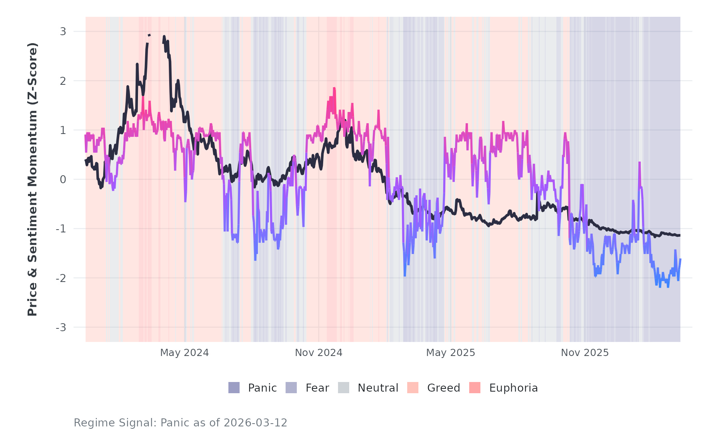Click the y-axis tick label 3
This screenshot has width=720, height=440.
click(63, 32)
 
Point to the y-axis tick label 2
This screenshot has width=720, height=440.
click(63, 81)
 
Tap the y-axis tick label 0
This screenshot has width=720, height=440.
click(63, 180)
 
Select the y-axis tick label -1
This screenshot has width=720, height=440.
click(61, 229)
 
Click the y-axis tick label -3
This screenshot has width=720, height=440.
click(61, 328)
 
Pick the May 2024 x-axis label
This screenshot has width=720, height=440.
click(184, 353)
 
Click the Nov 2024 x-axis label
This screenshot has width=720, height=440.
click(318, 353)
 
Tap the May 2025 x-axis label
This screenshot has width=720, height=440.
click(450, 353)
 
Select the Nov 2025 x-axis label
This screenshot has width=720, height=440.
click(584, 353)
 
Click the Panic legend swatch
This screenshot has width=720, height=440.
click(234, 388)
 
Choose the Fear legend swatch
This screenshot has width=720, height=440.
click(291, 388)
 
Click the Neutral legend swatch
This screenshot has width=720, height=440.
click(344, 388)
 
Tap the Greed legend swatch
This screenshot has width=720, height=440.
click(413, 388)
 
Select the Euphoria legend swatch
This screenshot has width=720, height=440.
click(475, 388)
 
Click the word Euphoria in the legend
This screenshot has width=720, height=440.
click(513, 388)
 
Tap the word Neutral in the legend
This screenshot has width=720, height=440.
click(378, 388)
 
